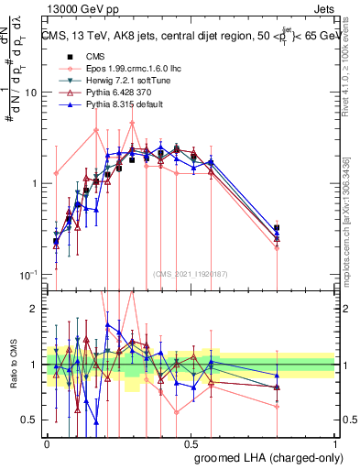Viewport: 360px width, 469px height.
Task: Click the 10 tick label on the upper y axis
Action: point(33,93)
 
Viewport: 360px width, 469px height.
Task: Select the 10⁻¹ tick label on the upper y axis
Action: point(31,275)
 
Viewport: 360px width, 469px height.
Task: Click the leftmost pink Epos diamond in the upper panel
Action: point(56,172)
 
